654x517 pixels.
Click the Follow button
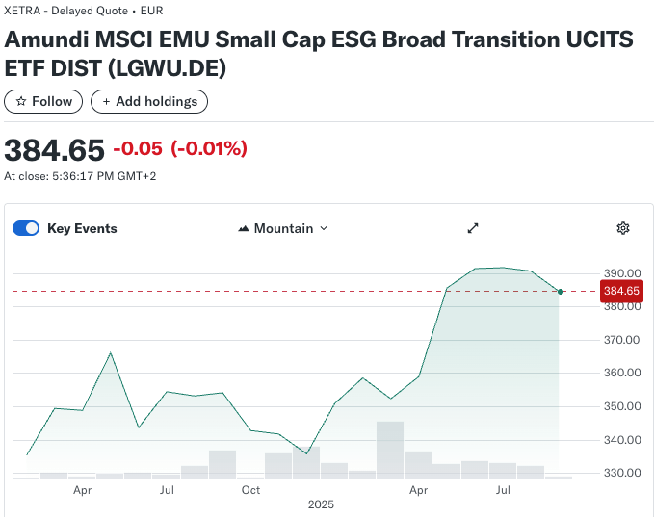[43, 101]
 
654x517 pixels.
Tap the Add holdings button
[149, 101]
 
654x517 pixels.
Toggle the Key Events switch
[26, 228]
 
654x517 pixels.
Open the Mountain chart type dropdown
[282, 228]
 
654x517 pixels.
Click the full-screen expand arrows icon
[473, 228]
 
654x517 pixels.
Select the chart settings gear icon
[623, 228]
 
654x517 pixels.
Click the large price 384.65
[54, 150]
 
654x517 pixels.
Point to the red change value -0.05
[138, 149]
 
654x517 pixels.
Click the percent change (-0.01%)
[209, 149]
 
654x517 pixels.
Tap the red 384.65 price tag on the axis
[621, 291]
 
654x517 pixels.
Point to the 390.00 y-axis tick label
[622, 273]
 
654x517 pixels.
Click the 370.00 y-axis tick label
[622, 340]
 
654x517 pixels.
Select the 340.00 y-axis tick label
[622, 440]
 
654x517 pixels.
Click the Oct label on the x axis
[251, 490]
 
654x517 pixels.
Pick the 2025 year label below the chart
[321, 504]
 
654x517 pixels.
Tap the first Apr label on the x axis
[83, 490]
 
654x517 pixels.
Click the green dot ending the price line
[561, 291]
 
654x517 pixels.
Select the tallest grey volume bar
[390, 450]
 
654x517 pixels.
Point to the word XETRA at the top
[23, 11]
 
